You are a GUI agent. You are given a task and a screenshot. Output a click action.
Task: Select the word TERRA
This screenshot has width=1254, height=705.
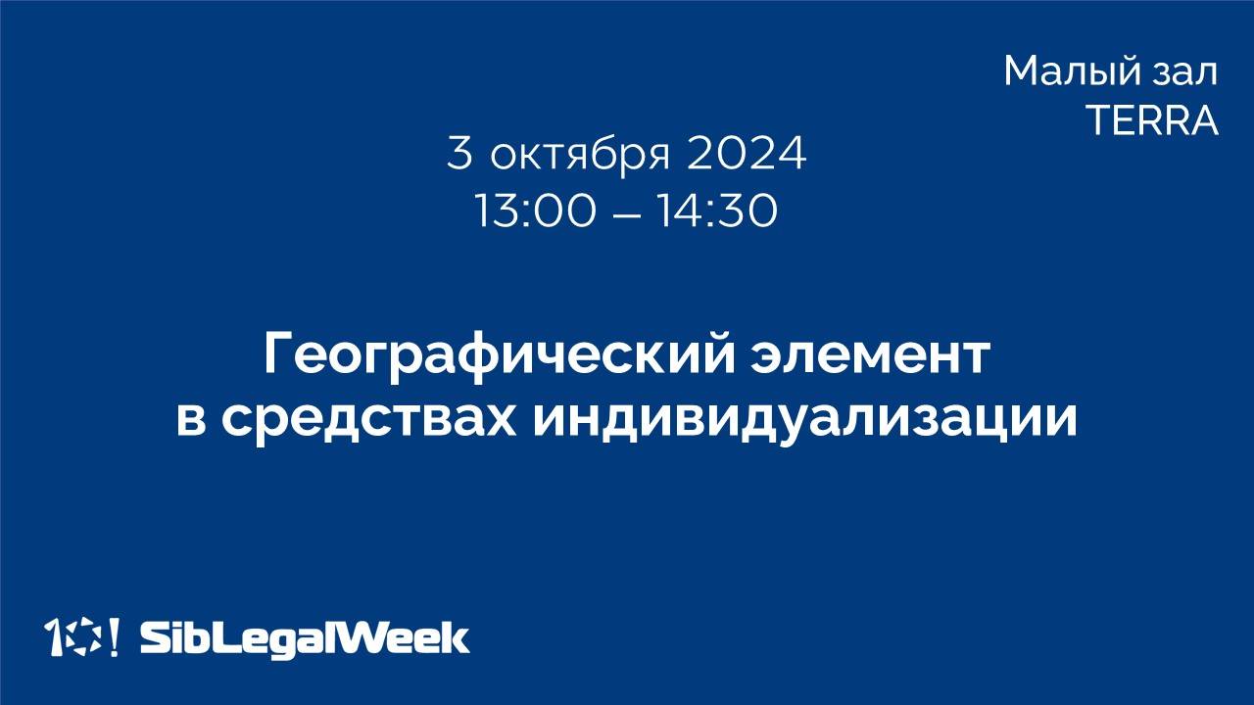pos(1152,120)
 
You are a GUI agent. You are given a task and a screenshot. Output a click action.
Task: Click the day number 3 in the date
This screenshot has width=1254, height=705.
pos(458,154)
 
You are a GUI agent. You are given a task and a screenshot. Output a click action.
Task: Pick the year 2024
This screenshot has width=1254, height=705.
pos(747,154)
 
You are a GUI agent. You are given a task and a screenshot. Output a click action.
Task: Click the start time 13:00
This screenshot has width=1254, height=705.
pos(535,211)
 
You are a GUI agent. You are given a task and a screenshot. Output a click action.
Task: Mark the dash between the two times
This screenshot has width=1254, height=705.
pos(626,212)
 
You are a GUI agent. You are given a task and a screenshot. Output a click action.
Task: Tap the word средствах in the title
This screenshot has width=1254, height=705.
pos(372,418)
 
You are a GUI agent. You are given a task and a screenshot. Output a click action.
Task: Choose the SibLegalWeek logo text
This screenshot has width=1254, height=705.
pos(305,638)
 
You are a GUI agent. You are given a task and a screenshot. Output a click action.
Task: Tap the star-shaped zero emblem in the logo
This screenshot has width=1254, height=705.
pos(82,637)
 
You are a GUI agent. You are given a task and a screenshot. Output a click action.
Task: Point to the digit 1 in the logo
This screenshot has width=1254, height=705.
pos(55,637)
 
